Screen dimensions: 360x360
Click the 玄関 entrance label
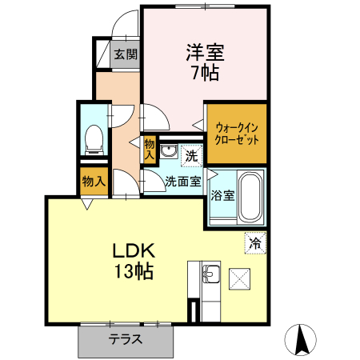[x=126, y=56]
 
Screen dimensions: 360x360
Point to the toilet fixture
[x=93, y=139]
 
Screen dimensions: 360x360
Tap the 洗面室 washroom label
[x=183, y=181]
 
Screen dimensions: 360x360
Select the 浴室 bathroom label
[x=222, y=195]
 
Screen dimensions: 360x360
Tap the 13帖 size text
[x=131, y=272]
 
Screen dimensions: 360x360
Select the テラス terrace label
[x=126, y=339]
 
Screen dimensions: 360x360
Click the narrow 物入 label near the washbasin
[x=150, y=150]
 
